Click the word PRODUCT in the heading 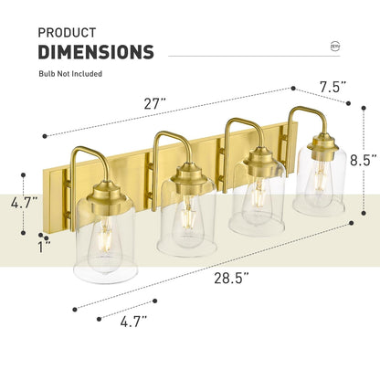[68, 32]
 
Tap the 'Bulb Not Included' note [70, 73]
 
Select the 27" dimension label [155, 103]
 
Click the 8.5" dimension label [363, 158]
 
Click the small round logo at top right [334, 46]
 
